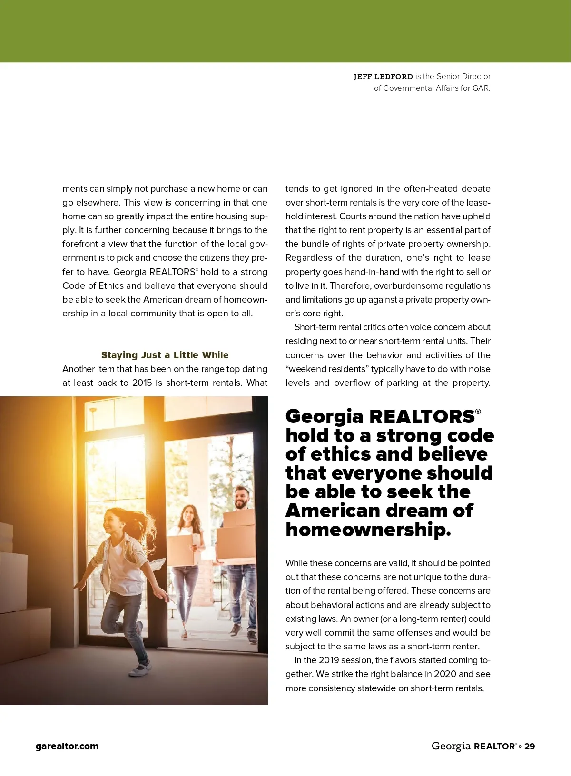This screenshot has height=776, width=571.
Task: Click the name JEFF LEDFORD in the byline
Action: click(x=383, y=76)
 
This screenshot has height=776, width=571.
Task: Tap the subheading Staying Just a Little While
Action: click(x=165, y=355)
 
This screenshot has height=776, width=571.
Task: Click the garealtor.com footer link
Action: click(x=67, y=746)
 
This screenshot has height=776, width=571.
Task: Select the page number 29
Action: click(x=530, y=746)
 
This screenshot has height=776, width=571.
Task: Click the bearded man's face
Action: click(x=242, y=498)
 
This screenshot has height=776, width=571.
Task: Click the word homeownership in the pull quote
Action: click(x=367, y=529)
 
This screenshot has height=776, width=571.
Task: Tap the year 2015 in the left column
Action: click(x=142, y=383)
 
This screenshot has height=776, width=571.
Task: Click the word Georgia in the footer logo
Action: click(x=451, y=746)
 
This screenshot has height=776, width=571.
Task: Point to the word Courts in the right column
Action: click(x=353, y=216)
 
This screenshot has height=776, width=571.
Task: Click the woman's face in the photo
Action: click(x=189, y=515)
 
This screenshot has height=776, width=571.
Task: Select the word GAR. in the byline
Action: click(x=481, y=88)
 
